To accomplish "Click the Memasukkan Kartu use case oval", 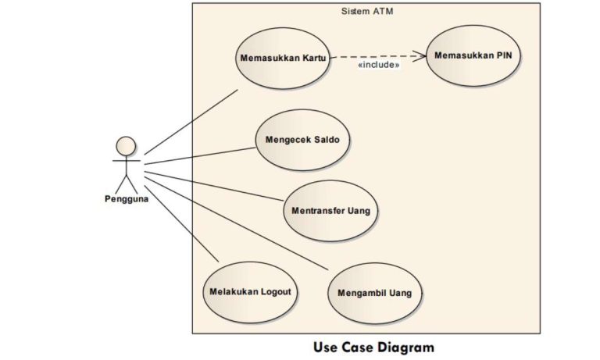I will [x=282, y=59].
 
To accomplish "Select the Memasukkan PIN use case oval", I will [x=473, y=55].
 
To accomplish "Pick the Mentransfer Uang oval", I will [x=330, y=211].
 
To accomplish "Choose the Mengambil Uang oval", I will [x=374, y=294].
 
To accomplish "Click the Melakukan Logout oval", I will [x=250, y=292].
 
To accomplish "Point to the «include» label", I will [x=378, y=65].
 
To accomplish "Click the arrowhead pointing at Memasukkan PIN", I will [x=421, y=55].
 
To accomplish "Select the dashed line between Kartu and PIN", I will [x=375, y=56].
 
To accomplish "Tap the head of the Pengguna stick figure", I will [x=126, y=146].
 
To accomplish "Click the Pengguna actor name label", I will [x=126, y=198].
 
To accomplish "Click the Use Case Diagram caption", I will [x=373, y=346].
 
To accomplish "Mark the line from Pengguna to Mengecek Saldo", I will [x=199, y=154].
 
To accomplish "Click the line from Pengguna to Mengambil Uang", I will [x=234, y=219].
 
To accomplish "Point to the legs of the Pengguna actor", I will [x=126, y=184].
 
